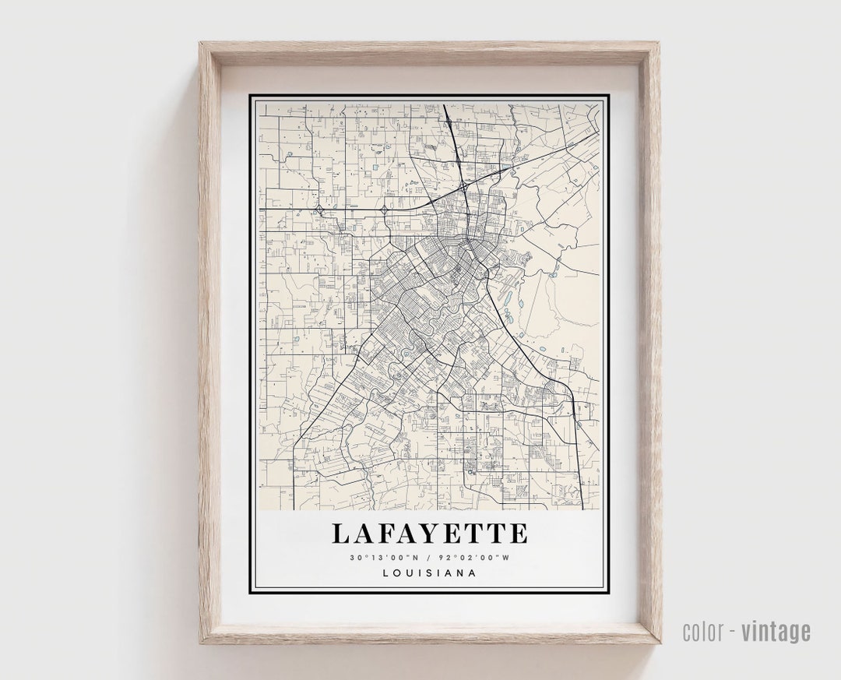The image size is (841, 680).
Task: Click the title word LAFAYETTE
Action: (429, 534)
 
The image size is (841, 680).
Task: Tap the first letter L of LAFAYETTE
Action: (340, 534)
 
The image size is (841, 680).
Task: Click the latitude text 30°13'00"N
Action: (385, 558)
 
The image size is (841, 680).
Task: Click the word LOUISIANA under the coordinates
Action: (429, 573)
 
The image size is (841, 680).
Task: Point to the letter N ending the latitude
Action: (416, 558)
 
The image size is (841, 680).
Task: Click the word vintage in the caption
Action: (776, 632)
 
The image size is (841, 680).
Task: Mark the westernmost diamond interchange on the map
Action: (319, 210)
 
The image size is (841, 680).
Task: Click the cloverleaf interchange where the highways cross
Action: (463, 187)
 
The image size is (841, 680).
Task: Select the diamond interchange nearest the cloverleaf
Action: (384, 210)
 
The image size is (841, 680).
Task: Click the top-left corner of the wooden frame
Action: (201, 44)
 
